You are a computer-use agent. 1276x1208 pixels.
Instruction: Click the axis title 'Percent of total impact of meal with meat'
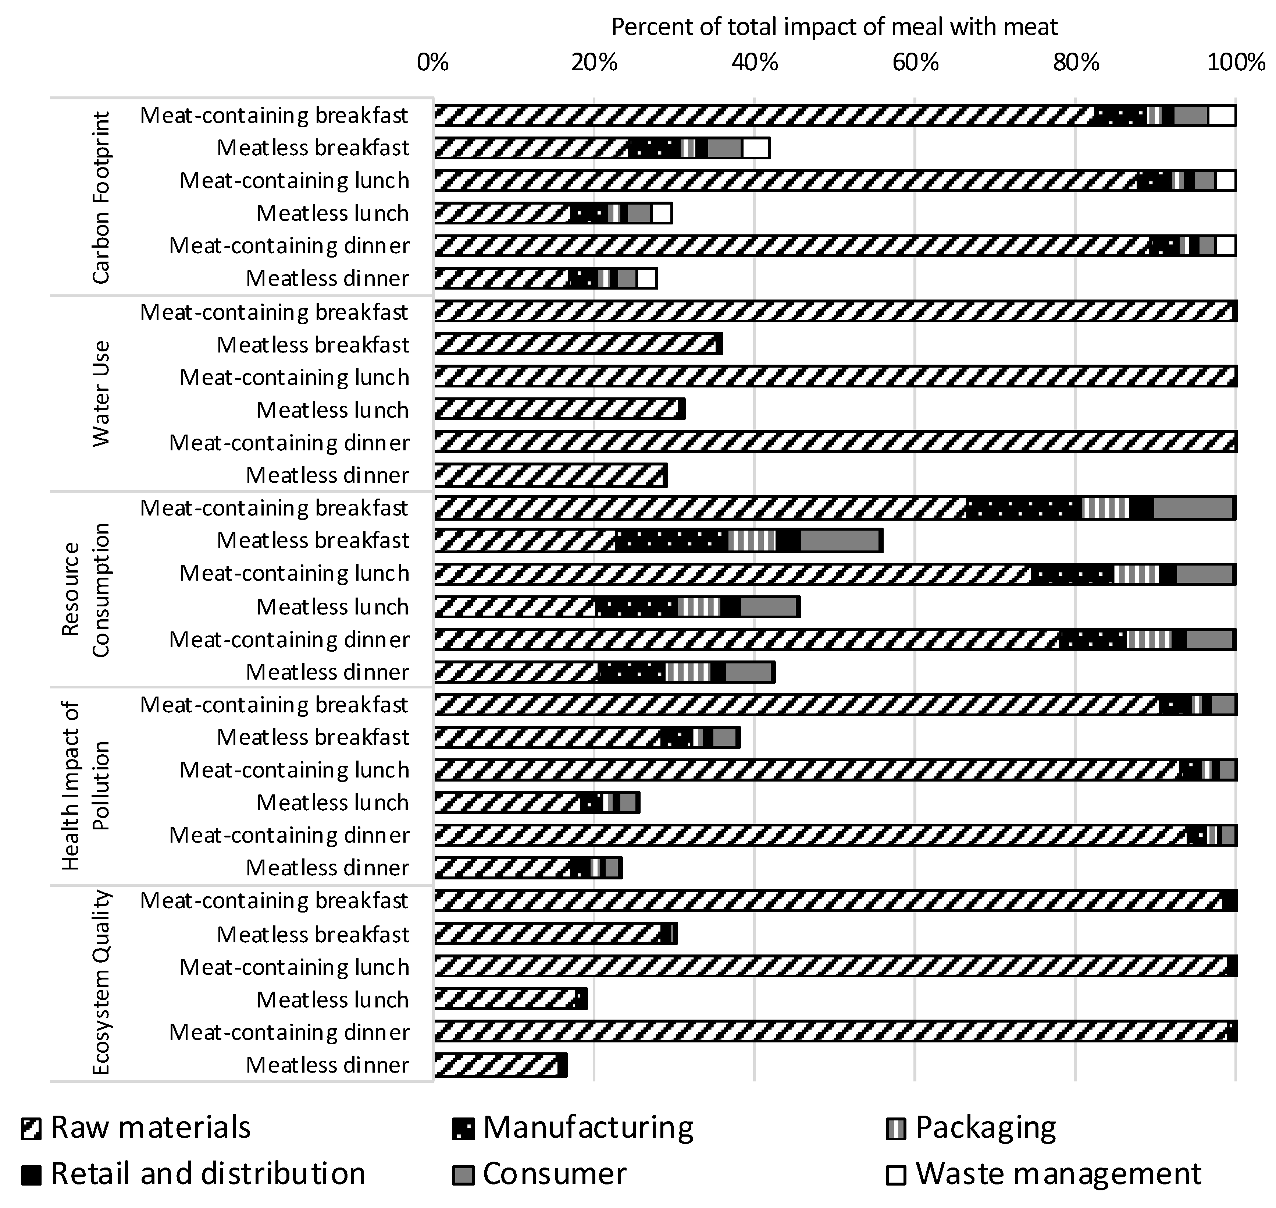[x=834, y=27]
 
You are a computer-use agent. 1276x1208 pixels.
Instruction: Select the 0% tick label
[x=432, y=63]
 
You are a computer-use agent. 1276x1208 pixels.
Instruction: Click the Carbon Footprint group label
[x=101, y=198]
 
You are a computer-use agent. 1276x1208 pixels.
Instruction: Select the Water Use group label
[x=101, y=393]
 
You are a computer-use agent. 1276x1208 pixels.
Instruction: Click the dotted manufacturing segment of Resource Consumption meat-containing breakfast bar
[x=1023, y=508]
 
